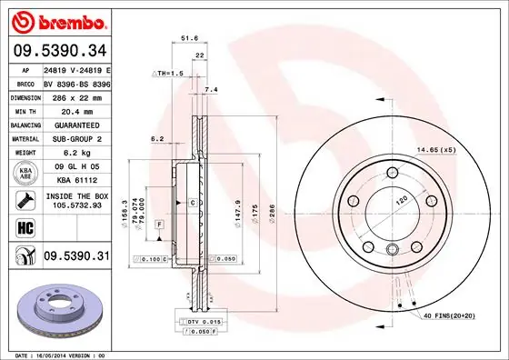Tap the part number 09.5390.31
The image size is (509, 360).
point(76,257)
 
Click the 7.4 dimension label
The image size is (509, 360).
point(212,90)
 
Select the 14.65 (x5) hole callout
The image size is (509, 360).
point(436,149)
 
